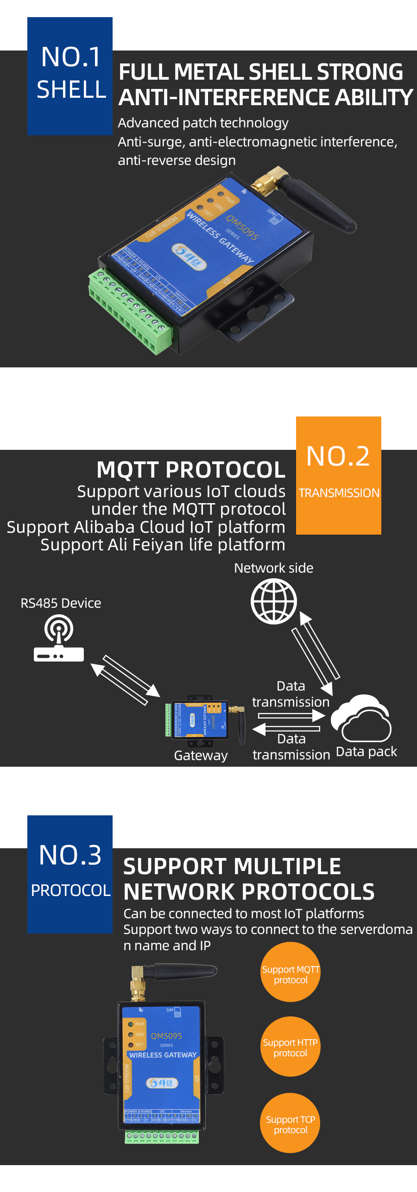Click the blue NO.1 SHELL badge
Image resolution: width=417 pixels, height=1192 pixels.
click(70, 76)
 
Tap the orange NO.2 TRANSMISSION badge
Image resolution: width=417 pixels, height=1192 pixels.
click(338, 475)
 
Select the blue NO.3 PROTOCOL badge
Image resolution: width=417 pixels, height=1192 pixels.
click(70, 874)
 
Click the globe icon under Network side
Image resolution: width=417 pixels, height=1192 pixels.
click(274, 601)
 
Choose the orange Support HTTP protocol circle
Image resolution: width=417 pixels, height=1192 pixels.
click(291, 1047)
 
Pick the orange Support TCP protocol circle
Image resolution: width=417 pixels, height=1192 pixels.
click(291, 1124)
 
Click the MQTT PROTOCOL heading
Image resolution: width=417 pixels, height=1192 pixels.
click(191, 470)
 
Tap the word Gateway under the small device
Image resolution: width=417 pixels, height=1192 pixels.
click(201, 756)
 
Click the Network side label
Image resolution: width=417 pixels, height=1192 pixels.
click(273, 568)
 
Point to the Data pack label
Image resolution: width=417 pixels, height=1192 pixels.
click(366, 751)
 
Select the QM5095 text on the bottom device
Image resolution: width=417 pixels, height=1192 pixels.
click(166, 1036)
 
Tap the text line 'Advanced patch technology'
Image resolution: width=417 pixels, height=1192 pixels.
click(203, 123)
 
